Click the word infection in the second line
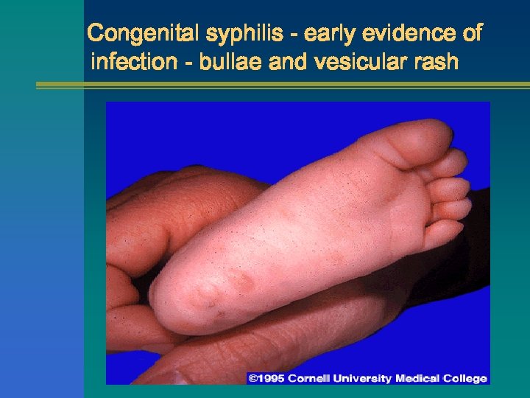132,62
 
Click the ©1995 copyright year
269,378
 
